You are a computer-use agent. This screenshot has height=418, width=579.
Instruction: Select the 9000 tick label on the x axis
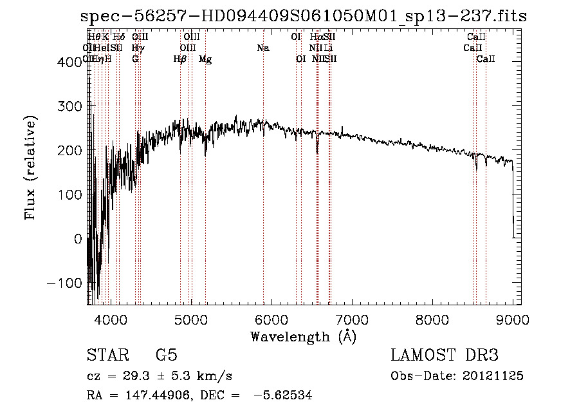click(513, 318)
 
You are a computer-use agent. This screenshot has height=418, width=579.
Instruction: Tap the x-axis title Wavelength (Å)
click(303, 336)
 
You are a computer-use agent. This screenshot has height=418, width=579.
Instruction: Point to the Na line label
click(262, 48)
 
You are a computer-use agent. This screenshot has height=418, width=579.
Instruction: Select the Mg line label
click(205, 59)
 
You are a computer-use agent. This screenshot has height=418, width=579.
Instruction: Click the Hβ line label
click(180, 59)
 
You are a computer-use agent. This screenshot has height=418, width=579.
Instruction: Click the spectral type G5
click(166, 356)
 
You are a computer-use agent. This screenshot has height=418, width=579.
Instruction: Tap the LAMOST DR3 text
click(445, 356)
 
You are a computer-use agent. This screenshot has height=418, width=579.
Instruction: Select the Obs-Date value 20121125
click(494, 376)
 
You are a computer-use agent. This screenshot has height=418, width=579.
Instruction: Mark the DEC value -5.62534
click(283, 396)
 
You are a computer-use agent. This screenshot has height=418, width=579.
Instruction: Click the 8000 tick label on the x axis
click(432, 318)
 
